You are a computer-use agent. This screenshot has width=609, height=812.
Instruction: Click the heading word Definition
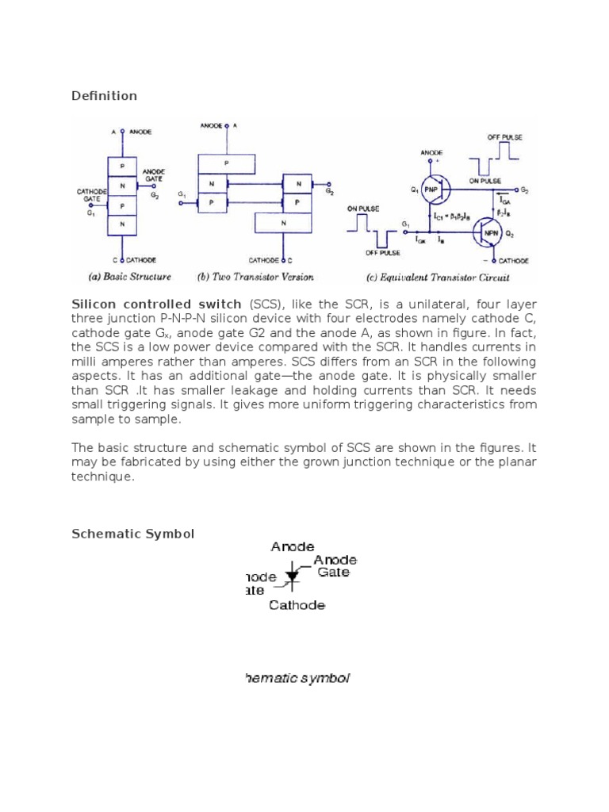104,96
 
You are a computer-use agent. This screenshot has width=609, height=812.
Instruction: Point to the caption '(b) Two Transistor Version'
255,278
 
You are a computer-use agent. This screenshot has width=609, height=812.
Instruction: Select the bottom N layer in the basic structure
122,224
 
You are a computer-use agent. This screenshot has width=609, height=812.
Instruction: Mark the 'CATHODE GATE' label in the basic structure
91,196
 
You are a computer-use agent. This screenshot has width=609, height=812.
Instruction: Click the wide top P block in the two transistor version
227,163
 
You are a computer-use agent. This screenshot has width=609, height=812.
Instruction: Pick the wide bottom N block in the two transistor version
284,224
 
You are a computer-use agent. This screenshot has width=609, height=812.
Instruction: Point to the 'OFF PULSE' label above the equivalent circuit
505,138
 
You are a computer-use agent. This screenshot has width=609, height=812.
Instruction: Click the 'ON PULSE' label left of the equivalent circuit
362,209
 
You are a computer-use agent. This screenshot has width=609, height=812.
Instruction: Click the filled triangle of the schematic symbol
292,576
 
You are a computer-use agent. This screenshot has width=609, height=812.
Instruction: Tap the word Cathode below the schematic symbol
297,605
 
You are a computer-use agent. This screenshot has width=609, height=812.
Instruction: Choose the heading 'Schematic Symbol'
132,534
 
